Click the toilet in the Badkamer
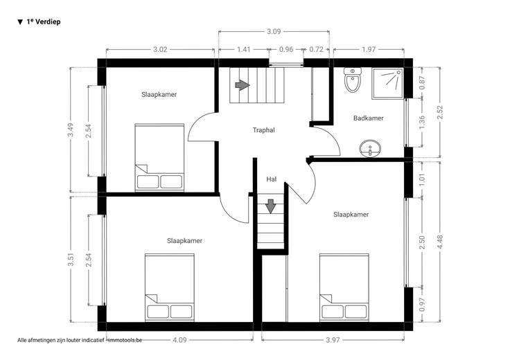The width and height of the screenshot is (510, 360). [353, 80]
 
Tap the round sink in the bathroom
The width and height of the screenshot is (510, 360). [370, 149]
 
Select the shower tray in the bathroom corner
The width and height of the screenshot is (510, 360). [388, 83]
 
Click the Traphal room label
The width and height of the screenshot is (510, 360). [264, 130]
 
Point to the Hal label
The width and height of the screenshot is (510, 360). [271, 179]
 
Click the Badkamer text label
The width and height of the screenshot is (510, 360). [368, 118]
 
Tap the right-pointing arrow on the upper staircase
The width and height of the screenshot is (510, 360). [243, 85]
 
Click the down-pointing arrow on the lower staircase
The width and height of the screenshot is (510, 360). [271, 206]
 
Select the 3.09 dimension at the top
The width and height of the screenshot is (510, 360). [274, 32]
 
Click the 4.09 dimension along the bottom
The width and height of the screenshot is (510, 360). [179, 340]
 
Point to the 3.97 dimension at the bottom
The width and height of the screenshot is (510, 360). [333, 340]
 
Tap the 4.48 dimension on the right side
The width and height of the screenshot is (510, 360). [440, 242]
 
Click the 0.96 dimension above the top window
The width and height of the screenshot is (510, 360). [286, 49]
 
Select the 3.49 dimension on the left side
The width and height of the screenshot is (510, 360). [71, 130]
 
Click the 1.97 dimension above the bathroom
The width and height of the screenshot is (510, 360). [369, 49]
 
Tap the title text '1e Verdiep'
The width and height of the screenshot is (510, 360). [44, 21]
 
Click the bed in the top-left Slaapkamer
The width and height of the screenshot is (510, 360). [159, 158]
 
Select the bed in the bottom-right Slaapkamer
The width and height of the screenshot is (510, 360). [344, 287]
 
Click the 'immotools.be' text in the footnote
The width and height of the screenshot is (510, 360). [125, 340]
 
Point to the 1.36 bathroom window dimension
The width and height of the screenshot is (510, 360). [422, 122]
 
